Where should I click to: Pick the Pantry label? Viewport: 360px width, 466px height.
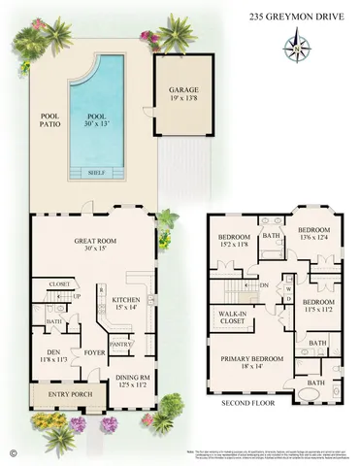(x=120, y=343)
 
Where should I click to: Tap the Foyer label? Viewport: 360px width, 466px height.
(x=93, y=352)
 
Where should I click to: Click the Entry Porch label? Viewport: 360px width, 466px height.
(x=60, y=395)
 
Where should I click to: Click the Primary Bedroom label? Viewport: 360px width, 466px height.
(x=251, y=359)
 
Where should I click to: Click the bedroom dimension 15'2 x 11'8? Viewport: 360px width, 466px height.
(x=234, y=246)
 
